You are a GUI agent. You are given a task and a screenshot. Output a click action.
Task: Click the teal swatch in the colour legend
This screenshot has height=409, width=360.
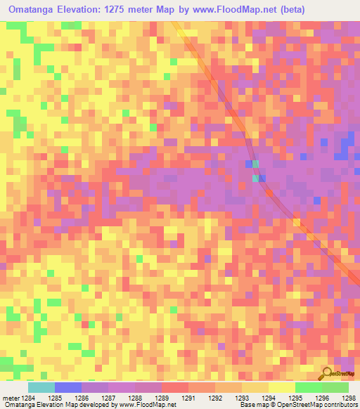pos(41,387)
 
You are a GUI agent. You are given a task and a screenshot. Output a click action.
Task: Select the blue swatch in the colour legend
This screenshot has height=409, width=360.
pos(68,387)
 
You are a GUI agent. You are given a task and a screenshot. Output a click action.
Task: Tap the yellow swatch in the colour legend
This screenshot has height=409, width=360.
pos(282,387)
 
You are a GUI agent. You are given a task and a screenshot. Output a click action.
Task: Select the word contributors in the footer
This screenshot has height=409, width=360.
pos(339,405)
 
